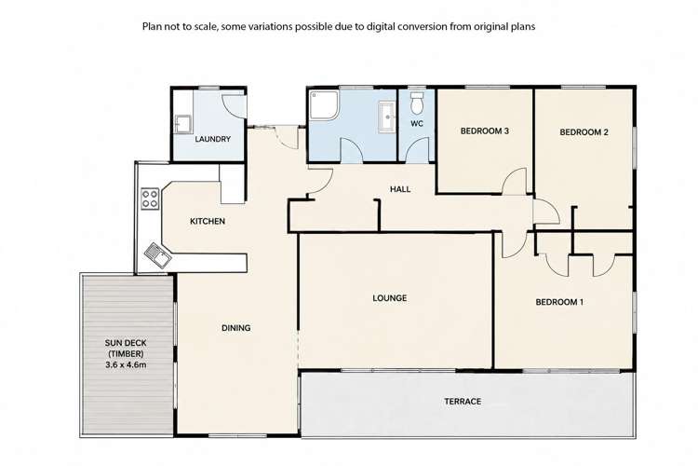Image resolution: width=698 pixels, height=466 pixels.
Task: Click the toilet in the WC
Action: (x=417, y=103)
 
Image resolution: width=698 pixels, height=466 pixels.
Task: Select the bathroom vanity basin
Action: (x=387, y=116)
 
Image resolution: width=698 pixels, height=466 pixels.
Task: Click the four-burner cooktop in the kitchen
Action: (x=150, y=199)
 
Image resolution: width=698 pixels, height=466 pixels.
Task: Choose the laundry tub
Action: (x=183, y=124)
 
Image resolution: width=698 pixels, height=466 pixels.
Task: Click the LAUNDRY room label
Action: (x=213, y=139)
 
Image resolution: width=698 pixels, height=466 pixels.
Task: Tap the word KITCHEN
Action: (x=208, y=221)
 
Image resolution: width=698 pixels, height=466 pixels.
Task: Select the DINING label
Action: (x=236, y=328)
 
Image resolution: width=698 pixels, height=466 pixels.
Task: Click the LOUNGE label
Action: (x=390, y=298)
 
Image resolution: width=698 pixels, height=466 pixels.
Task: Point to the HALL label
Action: (x=400, y=189)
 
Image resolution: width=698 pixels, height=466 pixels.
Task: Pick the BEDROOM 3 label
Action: (x=484, y=131)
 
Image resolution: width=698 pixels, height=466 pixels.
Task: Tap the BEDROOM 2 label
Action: (x=584, y=132)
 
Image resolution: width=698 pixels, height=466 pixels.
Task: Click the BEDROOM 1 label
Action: (x=559, y=302)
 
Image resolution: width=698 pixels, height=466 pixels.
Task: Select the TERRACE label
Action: (x=463, y=402)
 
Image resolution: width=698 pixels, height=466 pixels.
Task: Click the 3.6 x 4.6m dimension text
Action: (x=126, y=364)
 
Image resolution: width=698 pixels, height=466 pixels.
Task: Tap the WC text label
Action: (x=417, y=124)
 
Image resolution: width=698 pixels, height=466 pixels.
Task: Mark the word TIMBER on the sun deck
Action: (x=126, y=353)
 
